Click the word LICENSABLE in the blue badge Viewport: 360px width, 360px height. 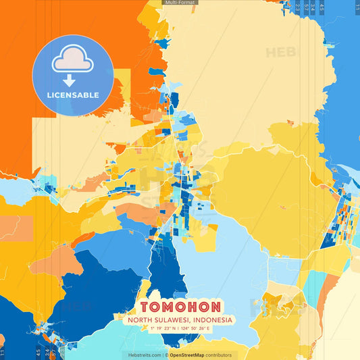[x=73, y=95]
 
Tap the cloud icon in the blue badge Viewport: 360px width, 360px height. [x=73, y=59]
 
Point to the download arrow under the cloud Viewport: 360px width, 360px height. [x=73, y=79]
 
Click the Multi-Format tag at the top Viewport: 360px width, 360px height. [x=180, y=3]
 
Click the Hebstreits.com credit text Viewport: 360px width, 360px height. [x=145, y=355]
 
